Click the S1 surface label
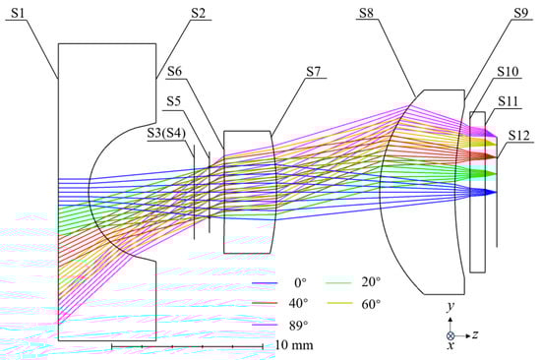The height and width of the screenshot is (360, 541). tap(18, 13)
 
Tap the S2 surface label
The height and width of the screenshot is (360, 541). tap(198, 13)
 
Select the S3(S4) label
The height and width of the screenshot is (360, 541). tap(166, 133)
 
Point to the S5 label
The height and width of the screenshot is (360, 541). tap(174, 101)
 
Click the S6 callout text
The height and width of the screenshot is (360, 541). tap(174, 72)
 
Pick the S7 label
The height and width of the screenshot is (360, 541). tap(313, 72)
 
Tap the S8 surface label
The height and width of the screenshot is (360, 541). tap(367, 13)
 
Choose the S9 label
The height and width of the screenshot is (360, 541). tap(520, 13)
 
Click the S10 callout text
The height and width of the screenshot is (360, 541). tap(508, 72)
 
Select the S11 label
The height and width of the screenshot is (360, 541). tap(509, 101)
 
